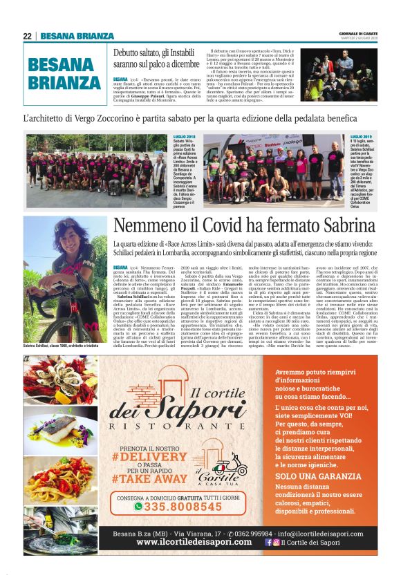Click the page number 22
click(x=27, y=37)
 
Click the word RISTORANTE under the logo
click(x=182, y=429)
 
